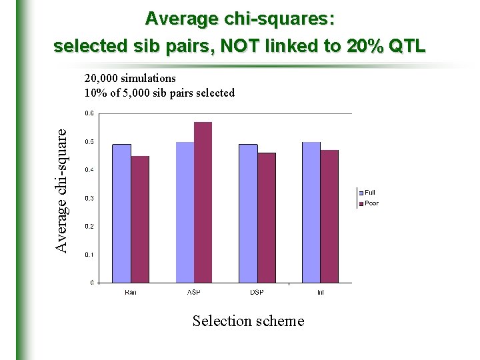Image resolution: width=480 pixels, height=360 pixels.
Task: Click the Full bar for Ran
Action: point(121,213)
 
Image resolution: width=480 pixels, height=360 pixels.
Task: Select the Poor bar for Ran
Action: point(140,219)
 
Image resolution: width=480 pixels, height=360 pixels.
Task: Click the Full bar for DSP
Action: point(248,213)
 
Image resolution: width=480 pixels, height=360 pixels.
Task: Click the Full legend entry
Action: point(369,193)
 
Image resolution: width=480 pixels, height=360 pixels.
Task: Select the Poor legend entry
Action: point(371,203)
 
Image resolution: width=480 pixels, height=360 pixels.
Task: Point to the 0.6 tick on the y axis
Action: point(89,113)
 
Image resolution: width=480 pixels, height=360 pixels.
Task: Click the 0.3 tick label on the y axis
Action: point(89,198)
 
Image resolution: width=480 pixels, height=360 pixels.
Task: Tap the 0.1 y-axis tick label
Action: point(89,255)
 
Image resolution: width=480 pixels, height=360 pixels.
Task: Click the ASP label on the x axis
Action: point(194,293)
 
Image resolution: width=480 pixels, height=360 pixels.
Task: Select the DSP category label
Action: point(257,293)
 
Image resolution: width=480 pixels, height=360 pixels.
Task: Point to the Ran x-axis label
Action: point(131,293)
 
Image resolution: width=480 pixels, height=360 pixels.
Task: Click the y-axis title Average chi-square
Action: point(61,190)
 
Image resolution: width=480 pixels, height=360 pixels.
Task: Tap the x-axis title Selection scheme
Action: point(248,321)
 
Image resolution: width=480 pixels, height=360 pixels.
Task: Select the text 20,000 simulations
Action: point(130,79)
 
